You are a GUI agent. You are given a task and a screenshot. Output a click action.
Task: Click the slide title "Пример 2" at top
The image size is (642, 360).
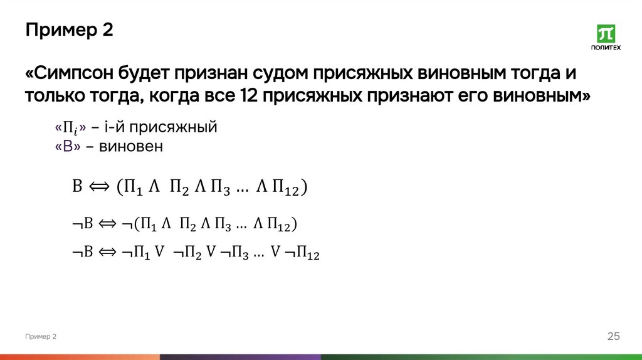69,30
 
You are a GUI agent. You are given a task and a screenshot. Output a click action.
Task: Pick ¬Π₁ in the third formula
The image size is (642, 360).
134,252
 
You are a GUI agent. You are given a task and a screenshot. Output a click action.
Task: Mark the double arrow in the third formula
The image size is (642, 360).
107,252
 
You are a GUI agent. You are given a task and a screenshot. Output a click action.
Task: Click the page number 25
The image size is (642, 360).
613,337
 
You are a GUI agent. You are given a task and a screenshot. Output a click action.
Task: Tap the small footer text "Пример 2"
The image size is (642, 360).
41,337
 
